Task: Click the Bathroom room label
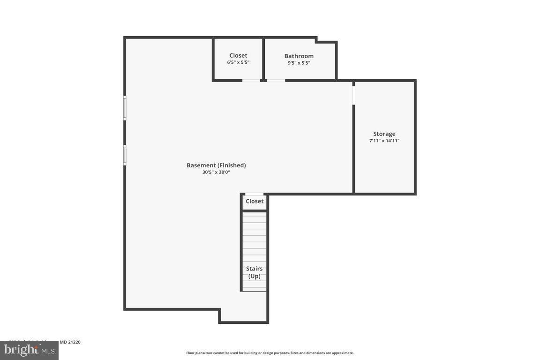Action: point(299,56)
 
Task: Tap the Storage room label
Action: point(384,134)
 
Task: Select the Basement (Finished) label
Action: point(216,165)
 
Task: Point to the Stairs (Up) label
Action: point(255,272)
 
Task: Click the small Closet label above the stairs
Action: point(255,202)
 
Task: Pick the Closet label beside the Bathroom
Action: point(238,56)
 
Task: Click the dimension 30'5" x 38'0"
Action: point(216,172)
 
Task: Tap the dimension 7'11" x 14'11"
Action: point(384,141)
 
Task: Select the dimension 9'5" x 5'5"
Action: point(299,63)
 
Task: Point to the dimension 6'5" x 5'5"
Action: point(238,62)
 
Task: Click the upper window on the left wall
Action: point(125,108)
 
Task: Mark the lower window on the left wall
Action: point(125,155)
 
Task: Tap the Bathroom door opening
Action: point(276,81)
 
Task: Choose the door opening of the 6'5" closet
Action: point(251,81)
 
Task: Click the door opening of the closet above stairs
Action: point(255,194)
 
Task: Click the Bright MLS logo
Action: point(29,350)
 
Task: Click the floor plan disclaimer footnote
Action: point(270,353)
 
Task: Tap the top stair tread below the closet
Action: point(254,216)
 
